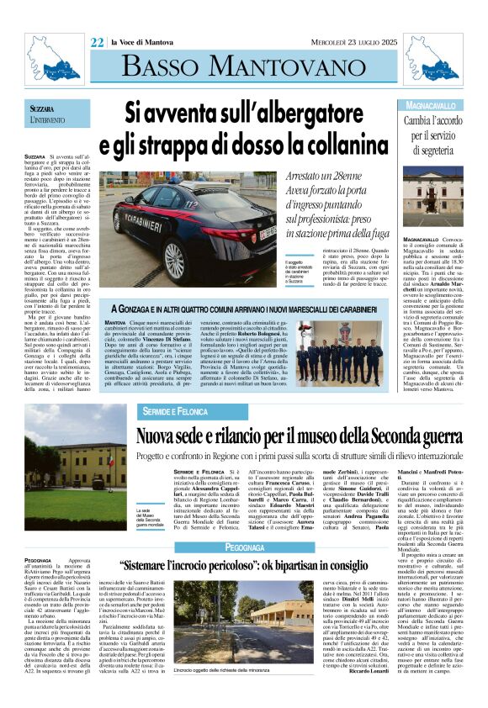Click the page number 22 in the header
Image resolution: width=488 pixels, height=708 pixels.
click(x=97, y=41)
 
